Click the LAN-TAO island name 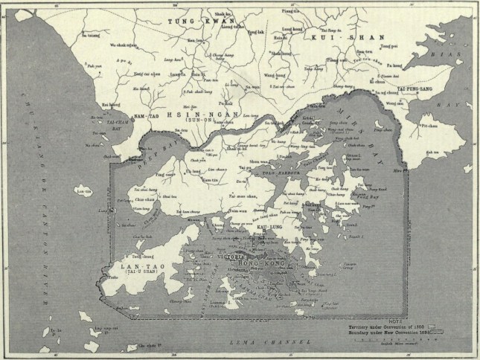pos(135,266)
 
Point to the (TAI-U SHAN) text pos(135,273)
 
